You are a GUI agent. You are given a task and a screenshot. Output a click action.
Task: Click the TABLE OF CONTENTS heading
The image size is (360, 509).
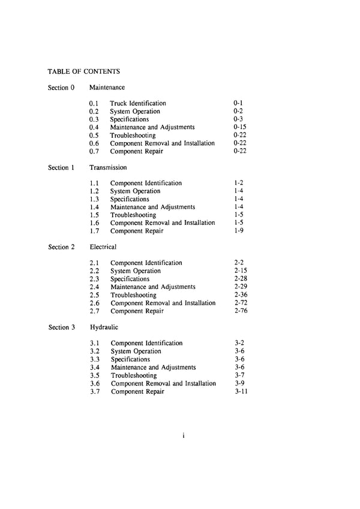click(x=85, y=71)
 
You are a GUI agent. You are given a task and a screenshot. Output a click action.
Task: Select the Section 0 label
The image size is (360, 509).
click(x=61, y=88)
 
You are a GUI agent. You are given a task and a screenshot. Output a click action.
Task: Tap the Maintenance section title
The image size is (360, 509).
click(x=107, y=88)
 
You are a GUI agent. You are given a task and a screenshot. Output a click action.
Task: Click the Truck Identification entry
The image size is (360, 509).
click(x=138, y=104)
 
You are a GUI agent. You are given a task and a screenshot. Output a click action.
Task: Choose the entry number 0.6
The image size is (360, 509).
click(x=94, y=143)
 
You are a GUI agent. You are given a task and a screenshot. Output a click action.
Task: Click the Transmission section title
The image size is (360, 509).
click(x=108, y=167)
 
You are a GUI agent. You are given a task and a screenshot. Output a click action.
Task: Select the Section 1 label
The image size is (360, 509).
click(x=61, y=167)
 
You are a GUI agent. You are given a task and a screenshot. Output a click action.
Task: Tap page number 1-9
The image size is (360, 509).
click(x=239, y=231)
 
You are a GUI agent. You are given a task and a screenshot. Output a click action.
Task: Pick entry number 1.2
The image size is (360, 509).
click(x=94, y=191)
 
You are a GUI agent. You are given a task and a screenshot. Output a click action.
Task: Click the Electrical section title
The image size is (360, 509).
click(x=103, y=247)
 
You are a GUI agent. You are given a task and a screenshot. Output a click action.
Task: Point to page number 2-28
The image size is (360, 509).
click(x=241, y=279)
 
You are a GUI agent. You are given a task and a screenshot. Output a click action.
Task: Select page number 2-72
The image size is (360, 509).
click(x=241, y=303)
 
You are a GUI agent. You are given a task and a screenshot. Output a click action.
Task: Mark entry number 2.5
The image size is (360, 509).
click(x=95, y=295)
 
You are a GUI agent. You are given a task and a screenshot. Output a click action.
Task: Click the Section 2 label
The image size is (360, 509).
click(x=61, y=247)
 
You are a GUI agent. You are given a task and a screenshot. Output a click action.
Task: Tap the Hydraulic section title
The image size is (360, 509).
click(x=104, y=327)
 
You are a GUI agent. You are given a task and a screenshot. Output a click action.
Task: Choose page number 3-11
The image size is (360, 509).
click(x=241, y=391)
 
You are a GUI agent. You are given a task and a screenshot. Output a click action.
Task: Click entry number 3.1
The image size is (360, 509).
click(x=95, y=344)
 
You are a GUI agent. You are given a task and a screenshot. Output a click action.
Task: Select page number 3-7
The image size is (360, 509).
click(x=239, y=375)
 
